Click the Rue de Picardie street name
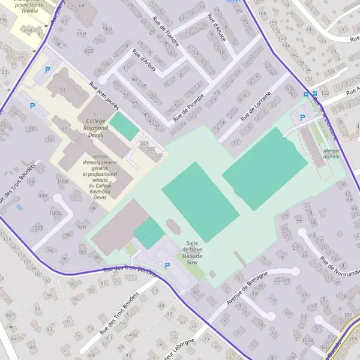point(188,104)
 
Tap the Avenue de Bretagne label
point(248,287)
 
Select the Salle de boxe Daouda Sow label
point(192,253)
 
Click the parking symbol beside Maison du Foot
point(302,118)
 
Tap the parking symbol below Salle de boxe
point(167,265)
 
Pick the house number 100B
point(62,181)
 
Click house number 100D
point(55,212)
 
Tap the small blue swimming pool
point(20,208)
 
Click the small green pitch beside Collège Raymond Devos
point(124,126)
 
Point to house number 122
point(325,94)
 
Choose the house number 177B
point(341,296)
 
